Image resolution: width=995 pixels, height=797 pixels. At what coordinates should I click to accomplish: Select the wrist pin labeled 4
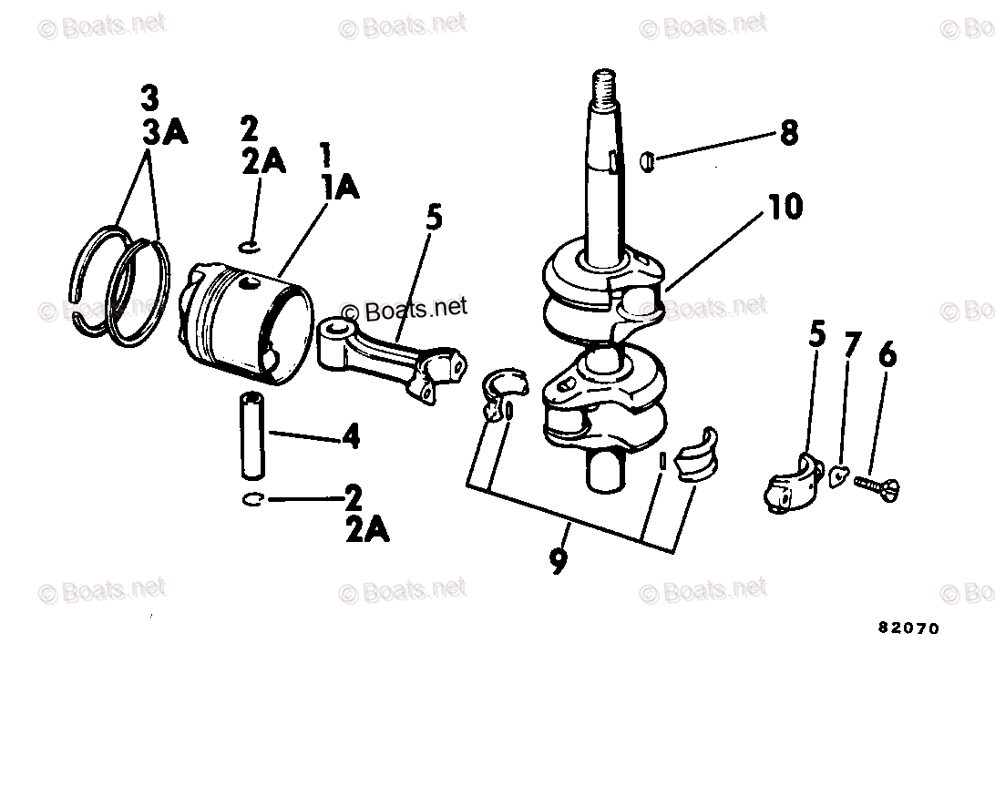252,436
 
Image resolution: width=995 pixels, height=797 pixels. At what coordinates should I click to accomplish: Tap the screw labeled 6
877,486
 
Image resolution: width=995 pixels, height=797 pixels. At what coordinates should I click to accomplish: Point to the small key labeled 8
645,160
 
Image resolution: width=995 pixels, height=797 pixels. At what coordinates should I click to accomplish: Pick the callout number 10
785,207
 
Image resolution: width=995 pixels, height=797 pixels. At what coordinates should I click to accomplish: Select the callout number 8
788,133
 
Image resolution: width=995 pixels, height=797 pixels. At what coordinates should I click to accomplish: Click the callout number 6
887,354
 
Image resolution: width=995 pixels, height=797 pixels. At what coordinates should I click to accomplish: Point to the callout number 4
351,436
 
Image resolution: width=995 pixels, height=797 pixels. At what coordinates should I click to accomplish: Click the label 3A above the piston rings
165,131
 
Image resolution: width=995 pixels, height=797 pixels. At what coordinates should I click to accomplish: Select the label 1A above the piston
340,188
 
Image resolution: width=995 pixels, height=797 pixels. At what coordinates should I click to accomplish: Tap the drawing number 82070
908,628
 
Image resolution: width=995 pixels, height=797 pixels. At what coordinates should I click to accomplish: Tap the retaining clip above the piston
250,246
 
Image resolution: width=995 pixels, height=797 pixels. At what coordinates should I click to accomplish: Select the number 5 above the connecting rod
434,218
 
